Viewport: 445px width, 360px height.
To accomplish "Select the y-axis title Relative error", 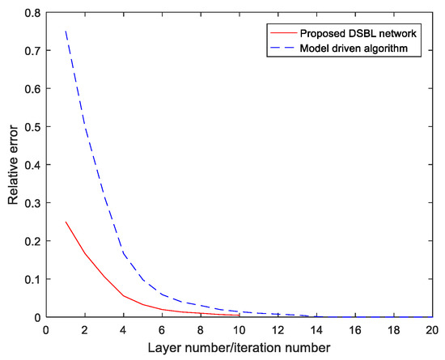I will coord(14,166).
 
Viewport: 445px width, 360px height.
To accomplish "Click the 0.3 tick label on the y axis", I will coord(32,204).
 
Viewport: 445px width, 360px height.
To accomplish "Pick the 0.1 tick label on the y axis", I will coord(32,280).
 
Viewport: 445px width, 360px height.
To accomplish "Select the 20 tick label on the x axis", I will coord(431,330).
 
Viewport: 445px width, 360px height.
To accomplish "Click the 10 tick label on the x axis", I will coord(239,330).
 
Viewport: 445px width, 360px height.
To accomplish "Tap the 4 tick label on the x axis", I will coord(124,330).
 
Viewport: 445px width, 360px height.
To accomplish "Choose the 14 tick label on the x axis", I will coord(316,330).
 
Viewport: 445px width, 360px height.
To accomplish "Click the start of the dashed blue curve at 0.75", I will coord(66,32).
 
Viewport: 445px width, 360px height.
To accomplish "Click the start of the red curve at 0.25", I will coord(66,222).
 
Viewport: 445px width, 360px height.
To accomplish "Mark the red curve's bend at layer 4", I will coord(124,296).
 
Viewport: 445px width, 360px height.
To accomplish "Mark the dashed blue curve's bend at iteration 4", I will coord(124,253).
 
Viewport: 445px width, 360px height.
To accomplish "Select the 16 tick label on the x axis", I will coord(354,330).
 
